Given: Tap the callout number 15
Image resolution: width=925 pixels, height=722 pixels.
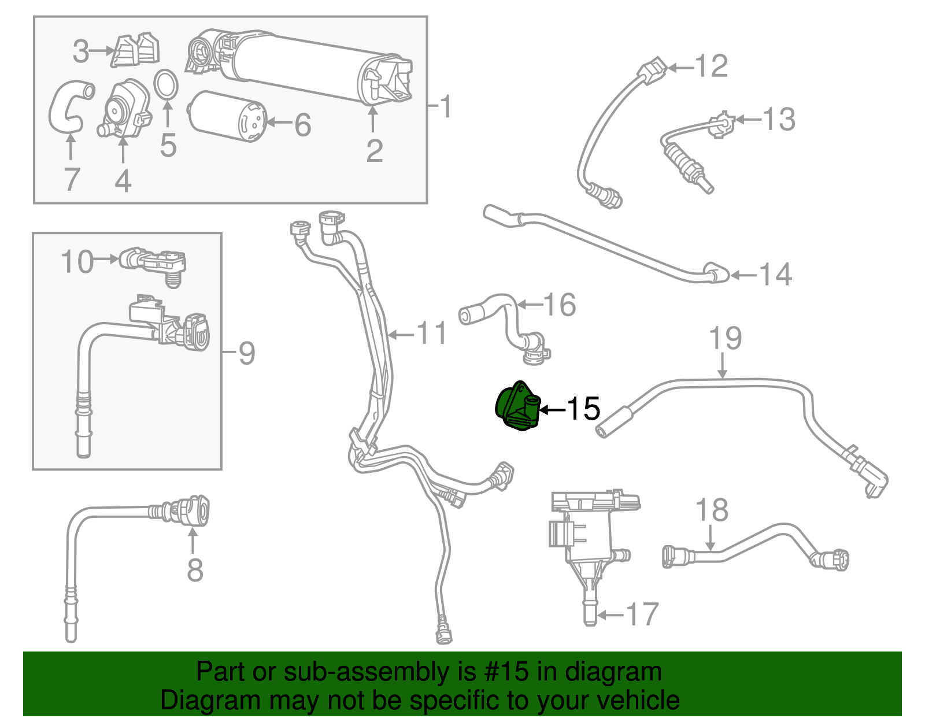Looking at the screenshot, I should (583, 409).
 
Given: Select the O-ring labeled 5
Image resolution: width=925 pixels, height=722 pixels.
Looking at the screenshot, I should (166, 84).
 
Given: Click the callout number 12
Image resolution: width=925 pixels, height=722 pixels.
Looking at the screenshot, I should (711, 66).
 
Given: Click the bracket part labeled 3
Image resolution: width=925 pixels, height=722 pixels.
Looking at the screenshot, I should (136, 50).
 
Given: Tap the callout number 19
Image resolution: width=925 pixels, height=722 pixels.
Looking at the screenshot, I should (725, 338).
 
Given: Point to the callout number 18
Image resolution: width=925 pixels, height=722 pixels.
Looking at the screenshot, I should (712, 510).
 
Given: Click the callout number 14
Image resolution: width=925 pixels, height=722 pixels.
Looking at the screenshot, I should (775, 274).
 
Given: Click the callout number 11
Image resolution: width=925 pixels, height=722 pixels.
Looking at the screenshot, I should (432, 334).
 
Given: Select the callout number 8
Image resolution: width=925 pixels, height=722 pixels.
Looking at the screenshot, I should (195, 570).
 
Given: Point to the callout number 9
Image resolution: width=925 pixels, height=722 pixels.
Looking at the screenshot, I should (247, 353).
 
